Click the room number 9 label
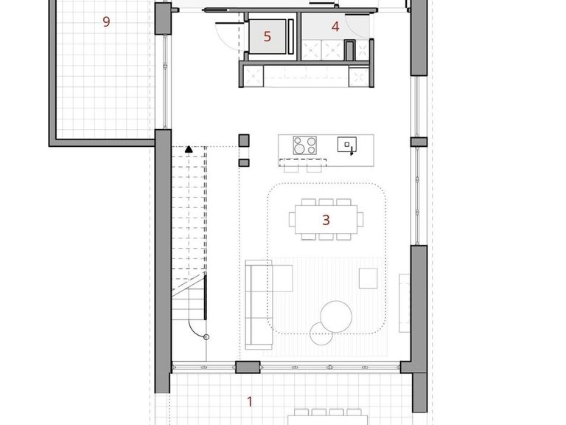pyautogui.click(x=106, y=21)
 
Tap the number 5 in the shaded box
pyautogui.click(x=267, y=36)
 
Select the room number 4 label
pyautogui.click(x=335, y=27)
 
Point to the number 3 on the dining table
pyautogui.click(x=326, y=220)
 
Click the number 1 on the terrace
pyautogui.click(x=249, y=401)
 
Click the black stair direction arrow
pyautogui.click(x=189, y=149)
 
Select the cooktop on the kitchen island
pyautogui.click(x=304, y=145)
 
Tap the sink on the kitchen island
pyautogui.click(x=347, y=144)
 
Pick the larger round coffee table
pyautogui.click(x=336, y=317)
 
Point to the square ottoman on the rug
pyautogui.click(x=368, y=278)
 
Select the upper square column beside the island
pyautogui.click(x=244, y=141)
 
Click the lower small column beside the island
pyautogui.click(x=244, y=163)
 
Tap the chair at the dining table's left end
pyautogui.click(x=292, y=219)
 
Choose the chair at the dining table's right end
pyautogui.click(x=360, y=219)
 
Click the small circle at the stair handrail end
pyautogui.click(x=206, y=337)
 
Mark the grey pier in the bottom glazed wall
pyautogui.click(x=248, y=367)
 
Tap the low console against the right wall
pyautogui.click(x=405, y=303)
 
